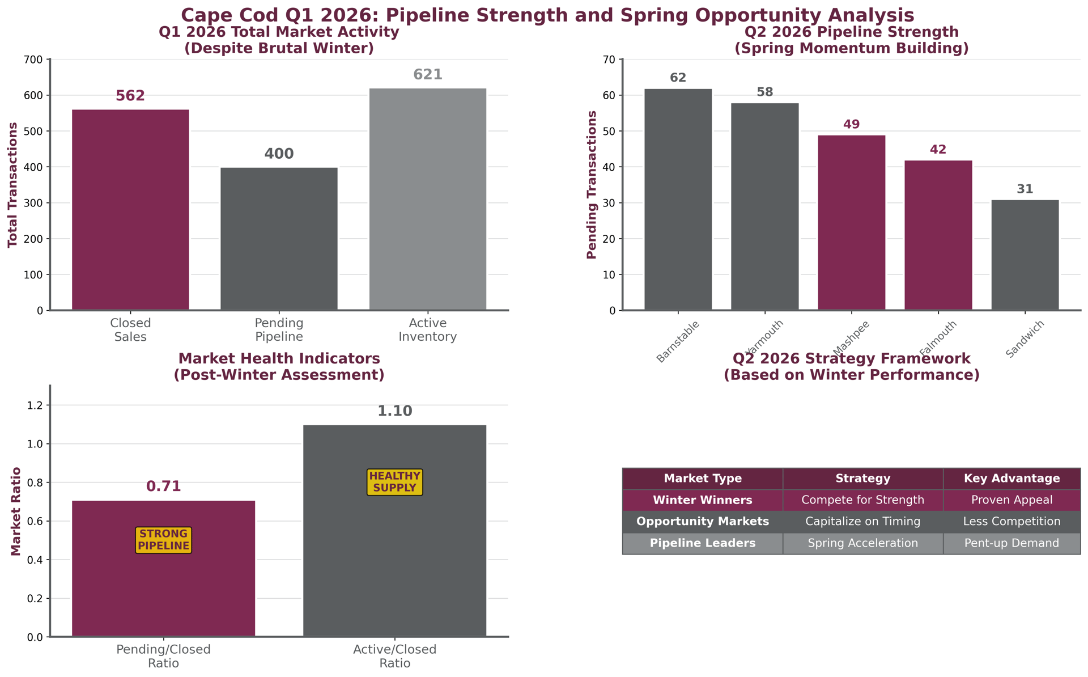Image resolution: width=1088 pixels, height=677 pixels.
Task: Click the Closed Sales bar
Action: (130, 210)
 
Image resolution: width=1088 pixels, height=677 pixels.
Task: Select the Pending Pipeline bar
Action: (279, 239)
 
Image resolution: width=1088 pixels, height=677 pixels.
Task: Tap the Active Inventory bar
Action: (428, 199)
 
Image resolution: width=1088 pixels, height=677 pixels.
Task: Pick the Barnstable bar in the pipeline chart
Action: (678, 199)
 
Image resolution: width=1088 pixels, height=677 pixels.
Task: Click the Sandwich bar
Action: (1025, 255)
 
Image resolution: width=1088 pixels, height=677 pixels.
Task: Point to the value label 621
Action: (428, 75)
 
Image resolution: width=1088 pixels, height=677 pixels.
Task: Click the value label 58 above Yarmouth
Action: (764, 92)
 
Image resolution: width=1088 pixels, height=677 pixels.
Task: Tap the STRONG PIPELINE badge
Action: (163, 540)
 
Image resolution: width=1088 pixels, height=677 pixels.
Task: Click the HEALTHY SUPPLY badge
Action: (394, 482)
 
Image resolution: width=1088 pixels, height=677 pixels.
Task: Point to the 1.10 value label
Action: (394, 412)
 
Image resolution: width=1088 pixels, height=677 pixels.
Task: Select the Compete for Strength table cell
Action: (862, 500)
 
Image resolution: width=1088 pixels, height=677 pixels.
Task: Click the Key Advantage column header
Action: (1011, 479)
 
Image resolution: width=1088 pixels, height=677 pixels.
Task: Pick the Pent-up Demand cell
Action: (1011, 543)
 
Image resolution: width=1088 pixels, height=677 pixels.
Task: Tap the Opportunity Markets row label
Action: (702, 522)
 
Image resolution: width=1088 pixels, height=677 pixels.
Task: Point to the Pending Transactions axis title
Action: (592, 185)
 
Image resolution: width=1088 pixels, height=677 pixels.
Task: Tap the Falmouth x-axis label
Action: (938, 339)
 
